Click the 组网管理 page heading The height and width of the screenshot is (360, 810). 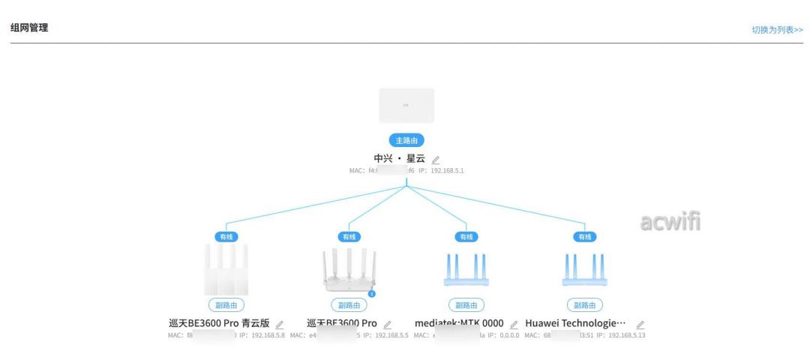(29, 28)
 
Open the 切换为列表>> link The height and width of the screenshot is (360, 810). (777, 30)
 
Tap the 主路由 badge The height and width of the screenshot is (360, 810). (406, 140)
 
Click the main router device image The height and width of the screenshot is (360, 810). (406, 106)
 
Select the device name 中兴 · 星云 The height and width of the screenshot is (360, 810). (399, 158)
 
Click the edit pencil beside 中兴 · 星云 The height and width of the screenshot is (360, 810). (436, 159)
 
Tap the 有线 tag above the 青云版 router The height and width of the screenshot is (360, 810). (226, 237)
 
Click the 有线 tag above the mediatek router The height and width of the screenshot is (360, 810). (466, 237)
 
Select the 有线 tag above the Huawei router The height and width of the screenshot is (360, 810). (584, 237)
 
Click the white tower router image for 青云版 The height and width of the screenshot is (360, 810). (226, 269)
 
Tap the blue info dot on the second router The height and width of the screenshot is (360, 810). (372, 293)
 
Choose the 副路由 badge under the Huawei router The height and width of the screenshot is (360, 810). (584, 305)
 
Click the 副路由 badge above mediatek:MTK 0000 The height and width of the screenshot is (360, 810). (466, 305)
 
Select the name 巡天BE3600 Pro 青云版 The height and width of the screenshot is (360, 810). (219, 323)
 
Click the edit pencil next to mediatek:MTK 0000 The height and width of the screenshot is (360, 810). (514, 325)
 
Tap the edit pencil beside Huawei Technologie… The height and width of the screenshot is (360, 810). (640, 325)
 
